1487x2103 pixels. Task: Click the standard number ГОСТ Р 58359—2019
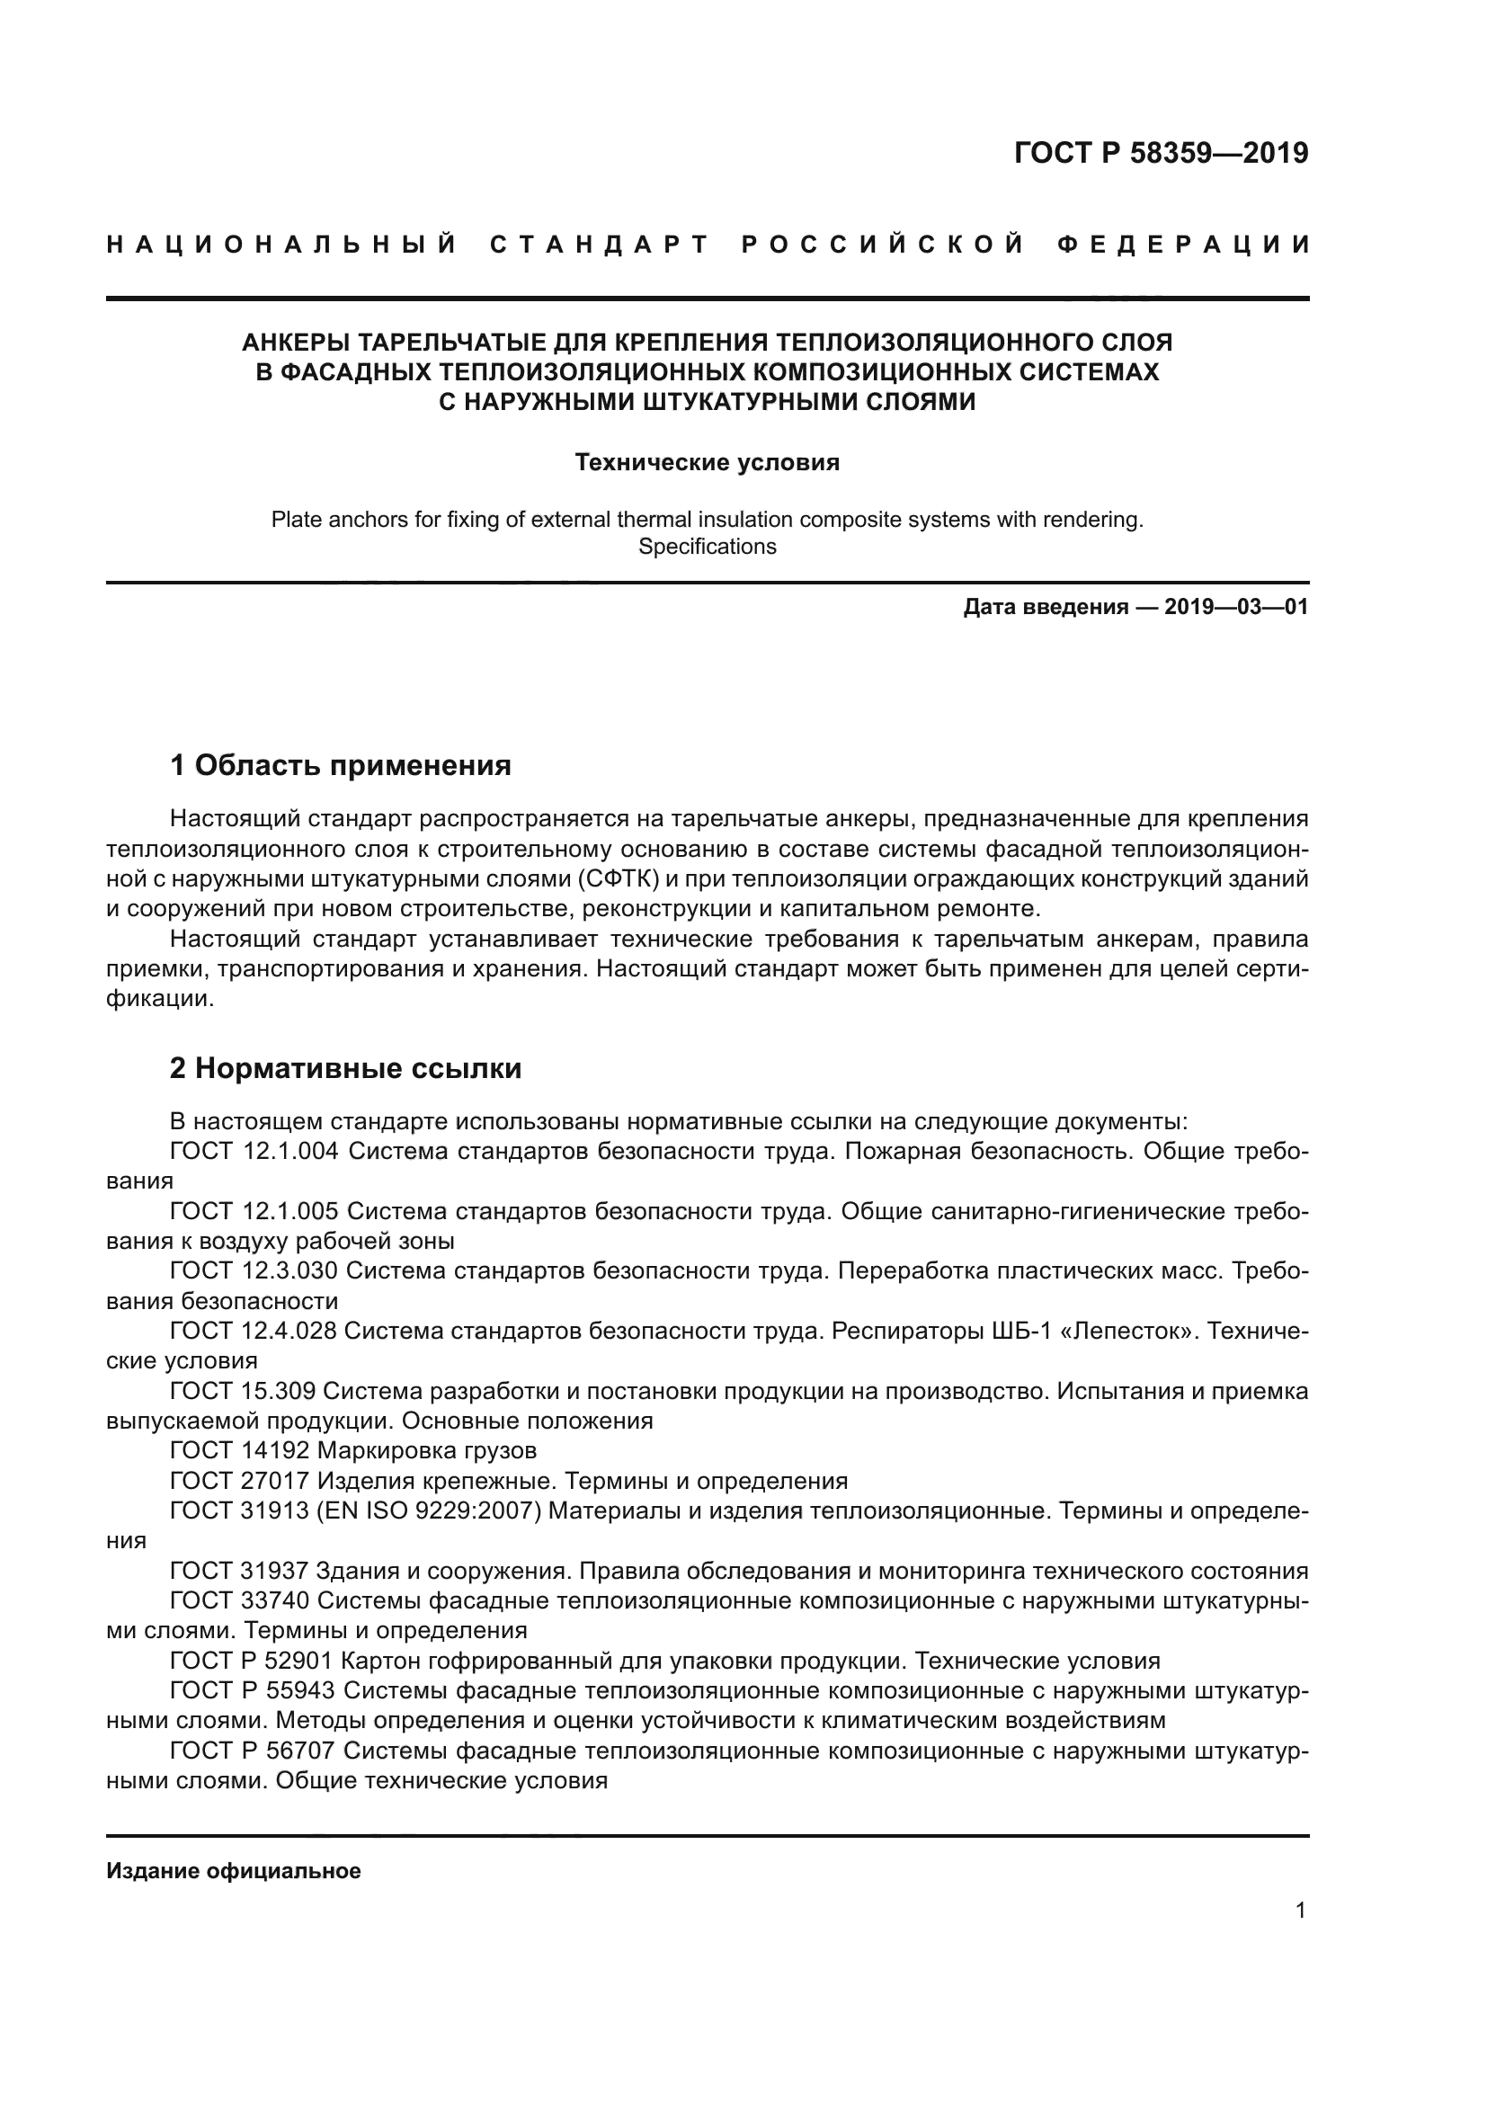[x=1160, y=153]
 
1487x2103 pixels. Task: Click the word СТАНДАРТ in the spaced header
[x=600, y=245]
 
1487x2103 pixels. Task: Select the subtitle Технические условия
[x=707, y=462]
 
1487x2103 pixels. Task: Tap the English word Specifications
[x=707, y=547]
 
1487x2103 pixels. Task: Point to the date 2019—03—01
[x=1236, y=606]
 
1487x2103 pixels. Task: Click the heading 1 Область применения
[x=340, y=765]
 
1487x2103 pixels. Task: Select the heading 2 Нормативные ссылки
[x=345, y=1068]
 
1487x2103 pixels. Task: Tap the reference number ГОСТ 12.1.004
[x=254, y=1152]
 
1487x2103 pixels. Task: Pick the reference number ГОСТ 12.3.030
[x=254, y=1271]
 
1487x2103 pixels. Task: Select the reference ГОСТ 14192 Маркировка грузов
[x=352, y=1451]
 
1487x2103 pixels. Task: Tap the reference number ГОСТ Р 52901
[x=252, y=1661]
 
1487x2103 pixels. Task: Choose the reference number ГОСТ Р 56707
[x=252, y=1751]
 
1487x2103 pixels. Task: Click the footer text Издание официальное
[x=234, y=1871]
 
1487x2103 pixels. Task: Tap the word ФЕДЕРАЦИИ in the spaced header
[x=1183, y=245]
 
